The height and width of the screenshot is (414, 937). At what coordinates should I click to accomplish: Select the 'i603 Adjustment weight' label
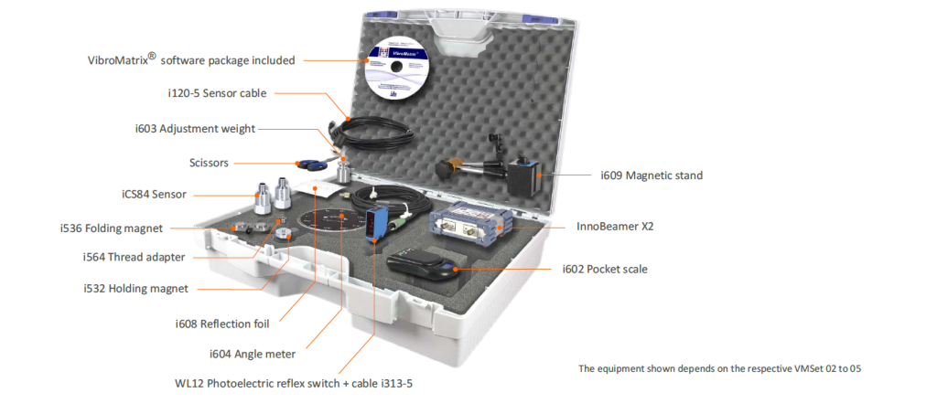(x=194, y=129)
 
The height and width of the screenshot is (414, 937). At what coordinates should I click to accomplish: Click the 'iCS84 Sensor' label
(x=156, y=194)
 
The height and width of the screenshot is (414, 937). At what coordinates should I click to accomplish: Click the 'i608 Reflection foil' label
(x=228, y=323)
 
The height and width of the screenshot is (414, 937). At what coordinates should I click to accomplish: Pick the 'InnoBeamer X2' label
(x=616, y=225)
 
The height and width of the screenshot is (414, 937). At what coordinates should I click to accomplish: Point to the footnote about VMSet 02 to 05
(x=720, y=368)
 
